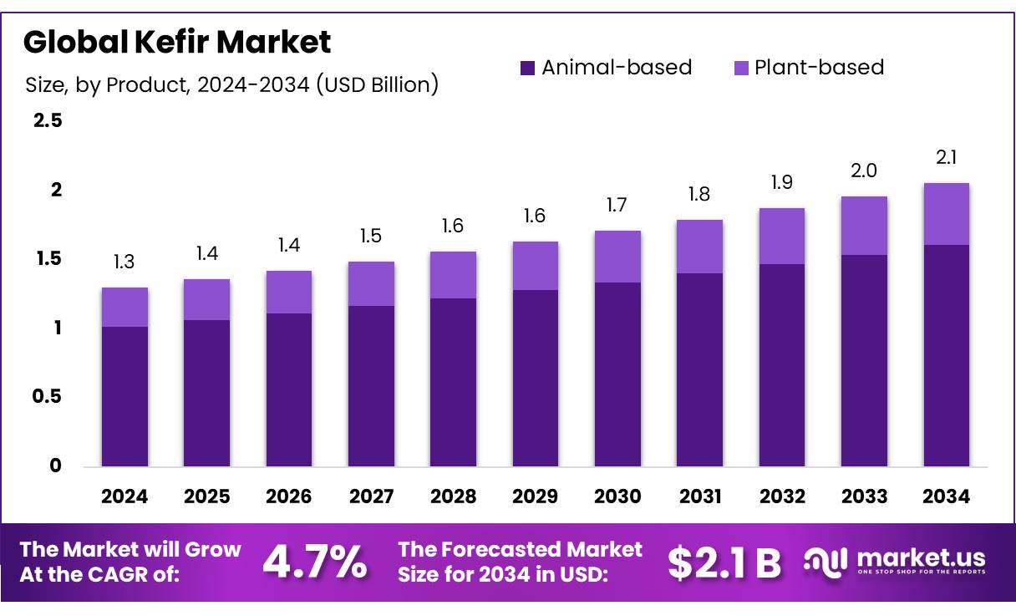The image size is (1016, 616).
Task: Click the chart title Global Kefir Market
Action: tap(177, 42)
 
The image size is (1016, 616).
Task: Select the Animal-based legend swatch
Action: tap(527, 68)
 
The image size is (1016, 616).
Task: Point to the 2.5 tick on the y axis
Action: tap(47, 121)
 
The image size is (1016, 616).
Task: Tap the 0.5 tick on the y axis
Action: tap(47, 397)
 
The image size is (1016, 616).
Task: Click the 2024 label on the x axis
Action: tap(124, 496)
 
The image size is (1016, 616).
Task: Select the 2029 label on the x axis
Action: tap(536, 496)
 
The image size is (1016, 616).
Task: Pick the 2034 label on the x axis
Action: tap(946, 496)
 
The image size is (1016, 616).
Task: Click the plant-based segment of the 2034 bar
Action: tap(946, 214)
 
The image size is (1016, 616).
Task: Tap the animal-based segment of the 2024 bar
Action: tap(124, 396)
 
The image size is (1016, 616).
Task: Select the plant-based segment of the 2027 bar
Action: tap(371, 283)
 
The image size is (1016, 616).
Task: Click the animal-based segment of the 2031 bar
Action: tap(699, 369)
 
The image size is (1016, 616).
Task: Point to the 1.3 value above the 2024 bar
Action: tap(124, 262)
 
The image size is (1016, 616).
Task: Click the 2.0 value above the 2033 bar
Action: tap(864, 171)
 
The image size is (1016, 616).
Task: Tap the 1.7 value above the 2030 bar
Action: tap(617, 205)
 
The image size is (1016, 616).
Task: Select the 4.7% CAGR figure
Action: tap(315, 563)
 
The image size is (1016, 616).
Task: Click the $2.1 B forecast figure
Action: tap(724, 563)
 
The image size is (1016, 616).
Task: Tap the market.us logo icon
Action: tap(825, 561)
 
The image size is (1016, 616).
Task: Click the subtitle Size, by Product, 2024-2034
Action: tap(231, 84)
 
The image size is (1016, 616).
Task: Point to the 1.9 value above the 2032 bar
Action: tap(781, 182)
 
